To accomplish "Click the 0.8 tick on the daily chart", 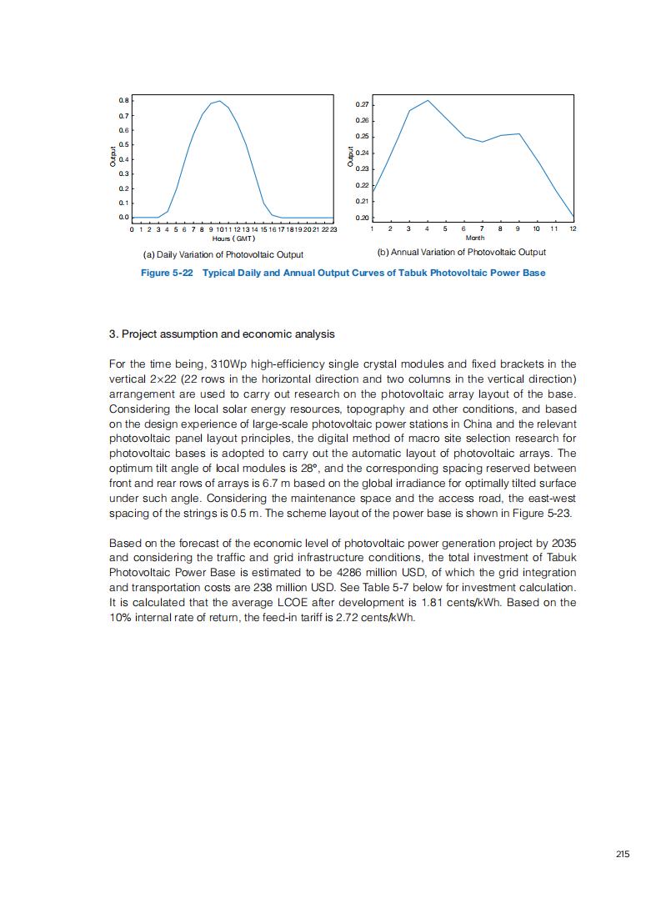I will pos(123,101).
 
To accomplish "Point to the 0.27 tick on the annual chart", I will pos(363,105).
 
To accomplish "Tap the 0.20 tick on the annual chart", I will pos(363,218).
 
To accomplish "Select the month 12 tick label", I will pos(573,228).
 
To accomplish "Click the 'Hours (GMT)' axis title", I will pos(227,238).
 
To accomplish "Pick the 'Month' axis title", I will pos(475,238).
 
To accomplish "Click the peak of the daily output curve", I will pos(219,101).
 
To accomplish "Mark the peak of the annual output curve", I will pos(428,101).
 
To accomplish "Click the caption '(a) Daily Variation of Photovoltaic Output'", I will pos(223,254).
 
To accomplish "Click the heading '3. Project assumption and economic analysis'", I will pos(222,334).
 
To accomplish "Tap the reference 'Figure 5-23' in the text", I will pos(543,514).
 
